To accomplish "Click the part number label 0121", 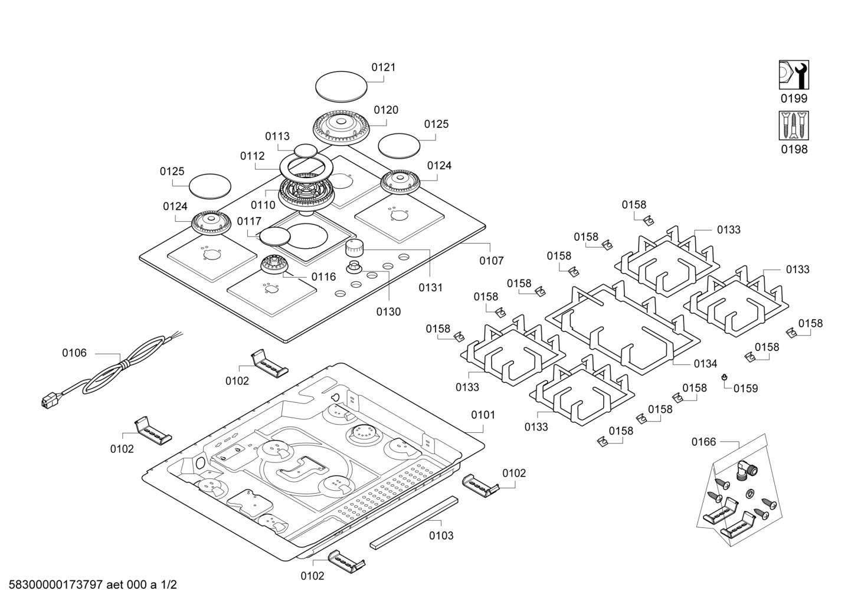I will (x=383, y=67).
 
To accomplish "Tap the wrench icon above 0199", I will (x=794, y=75).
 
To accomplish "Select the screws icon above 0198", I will (x=794, y=126).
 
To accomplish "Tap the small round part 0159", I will (x=724, y=377).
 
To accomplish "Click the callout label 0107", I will (x=491, y=260).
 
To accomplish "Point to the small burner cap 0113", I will (x=305, y=150).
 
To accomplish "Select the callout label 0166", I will (x=703, y=442).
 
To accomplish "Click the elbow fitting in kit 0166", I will (x=746, y=469).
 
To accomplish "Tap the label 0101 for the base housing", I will (x=483, y=415).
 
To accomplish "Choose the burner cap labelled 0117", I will (x=275, y=236).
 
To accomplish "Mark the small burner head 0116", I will (x=274, y=265).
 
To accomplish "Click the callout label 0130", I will (x=388, y=311).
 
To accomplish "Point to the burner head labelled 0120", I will (x=341, y=126).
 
